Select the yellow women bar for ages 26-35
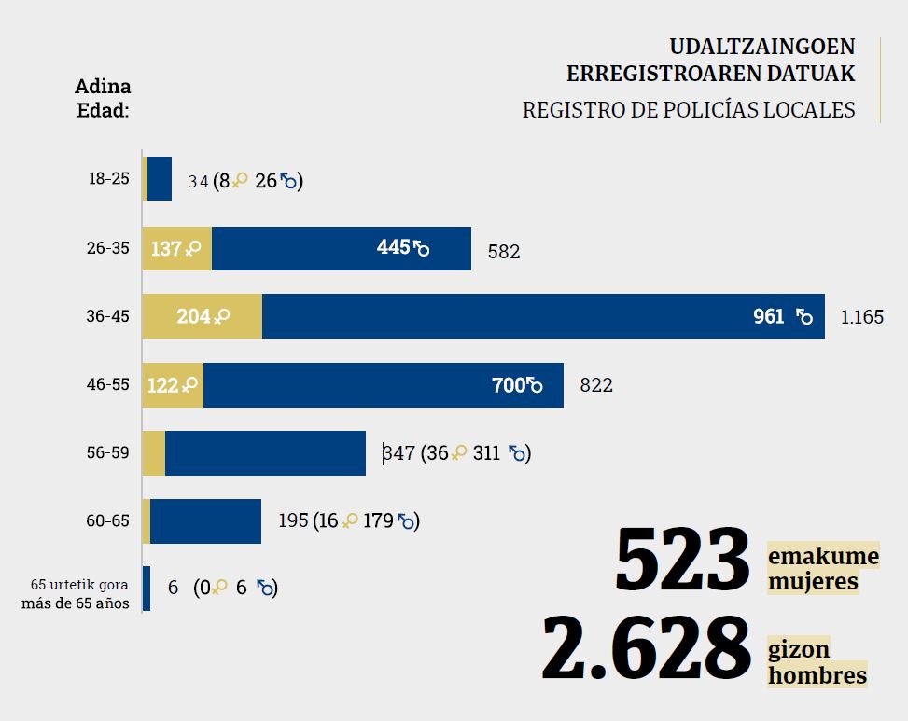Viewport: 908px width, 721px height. (177, 248)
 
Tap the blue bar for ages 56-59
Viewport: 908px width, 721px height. (265, 453)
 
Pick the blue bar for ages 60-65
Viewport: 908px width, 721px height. (205, 520)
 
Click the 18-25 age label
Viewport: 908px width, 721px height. (108, 179)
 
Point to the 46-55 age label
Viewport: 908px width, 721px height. (107, 385)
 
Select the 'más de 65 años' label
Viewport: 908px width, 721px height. (76, 602)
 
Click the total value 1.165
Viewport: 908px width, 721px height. (861, 317)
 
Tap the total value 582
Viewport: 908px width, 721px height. (504, 252)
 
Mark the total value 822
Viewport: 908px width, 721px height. (596, 385)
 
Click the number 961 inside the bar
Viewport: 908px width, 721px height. (769, 317)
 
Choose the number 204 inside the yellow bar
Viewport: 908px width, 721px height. (193, 317)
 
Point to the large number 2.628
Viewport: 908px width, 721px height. (646, 647)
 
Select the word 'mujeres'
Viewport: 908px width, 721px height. (813, 582)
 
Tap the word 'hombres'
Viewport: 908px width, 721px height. (817, 674)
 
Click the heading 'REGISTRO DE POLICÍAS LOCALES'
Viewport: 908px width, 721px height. (689, 110)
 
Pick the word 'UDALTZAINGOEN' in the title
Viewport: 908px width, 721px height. (761, 48)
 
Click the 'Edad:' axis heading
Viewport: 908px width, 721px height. (102, 109)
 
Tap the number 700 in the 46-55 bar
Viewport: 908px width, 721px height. (510, 385)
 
